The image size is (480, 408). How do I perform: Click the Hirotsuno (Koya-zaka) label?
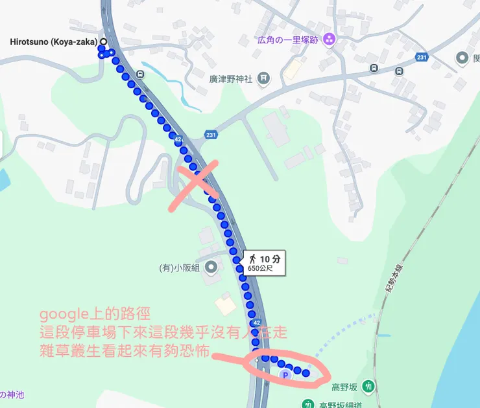coord(53,43)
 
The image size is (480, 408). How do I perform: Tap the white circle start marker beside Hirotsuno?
coord(102,42)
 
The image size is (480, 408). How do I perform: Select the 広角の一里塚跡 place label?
coord(289,39)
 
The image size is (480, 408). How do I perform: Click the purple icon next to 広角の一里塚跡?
coord(330,39)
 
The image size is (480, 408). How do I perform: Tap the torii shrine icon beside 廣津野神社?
coord(263,79)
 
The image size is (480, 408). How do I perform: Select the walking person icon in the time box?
coord(252,259)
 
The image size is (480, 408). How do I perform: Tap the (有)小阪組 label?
coord(179,267)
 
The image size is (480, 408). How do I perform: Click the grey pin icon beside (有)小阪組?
coord(210,267)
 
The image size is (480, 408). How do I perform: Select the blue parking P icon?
coord(283,375)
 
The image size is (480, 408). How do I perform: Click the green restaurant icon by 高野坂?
coord(368,387)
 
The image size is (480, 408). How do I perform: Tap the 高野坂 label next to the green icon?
coord(345,387)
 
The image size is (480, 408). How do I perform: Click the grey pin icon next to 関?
coord(462,59)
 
